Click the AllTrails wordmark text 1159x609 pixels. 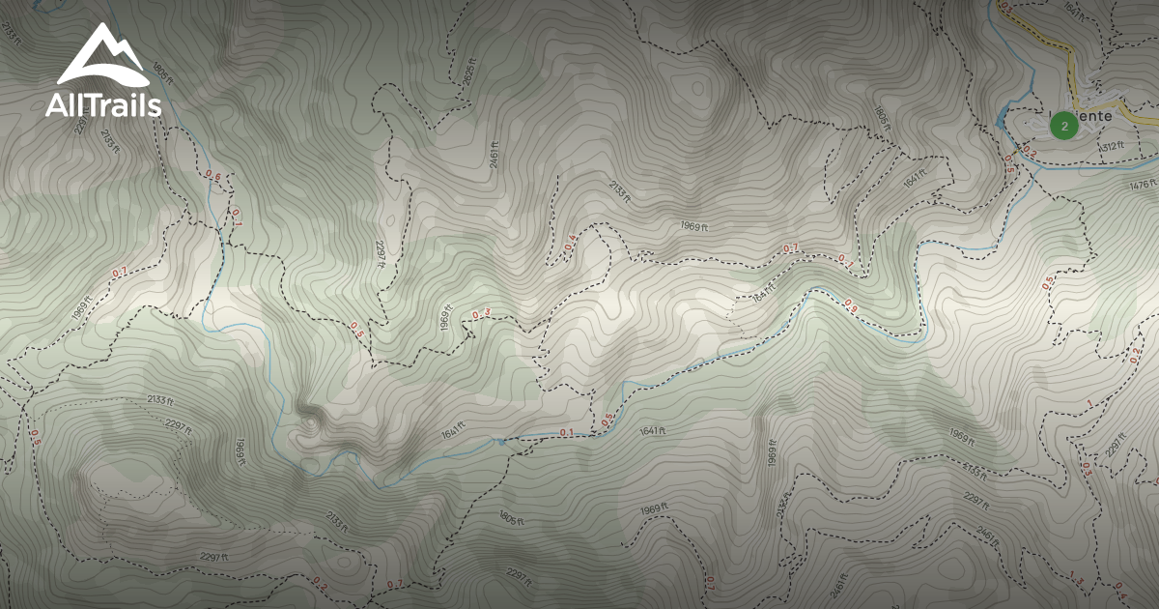103,106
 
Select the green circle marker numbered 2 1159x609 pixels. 1063,126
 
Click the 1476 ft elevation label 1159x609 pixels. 1142,185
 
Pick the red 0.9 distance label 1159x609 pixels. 851,306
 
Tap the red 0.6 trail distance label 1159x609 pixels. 212,176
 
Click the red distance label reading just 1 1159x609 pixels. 1088,403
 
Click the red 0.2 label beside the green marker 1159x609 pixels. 1030,152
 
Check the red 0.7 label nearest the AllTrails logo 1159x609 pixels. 119,274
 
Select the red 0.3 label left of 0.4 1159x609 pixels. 481,314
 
